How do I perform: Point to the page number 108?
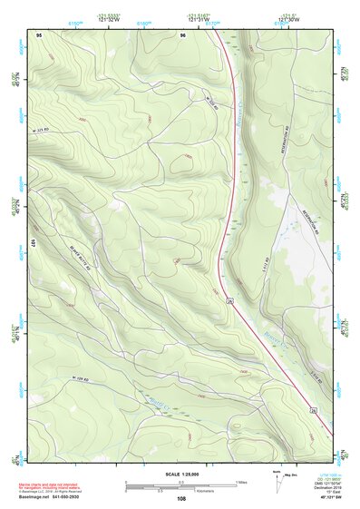[x=181, y=498]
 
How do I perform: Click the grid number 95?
[x=39, y=34]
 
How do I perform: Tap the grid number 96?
[x=183, y=34]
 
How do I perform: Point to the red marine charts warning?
[x=48, y=480]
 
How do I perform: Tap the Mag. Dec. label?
[x=293, y=475]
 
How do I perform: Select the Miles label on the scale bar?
[x=241, y=481]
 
